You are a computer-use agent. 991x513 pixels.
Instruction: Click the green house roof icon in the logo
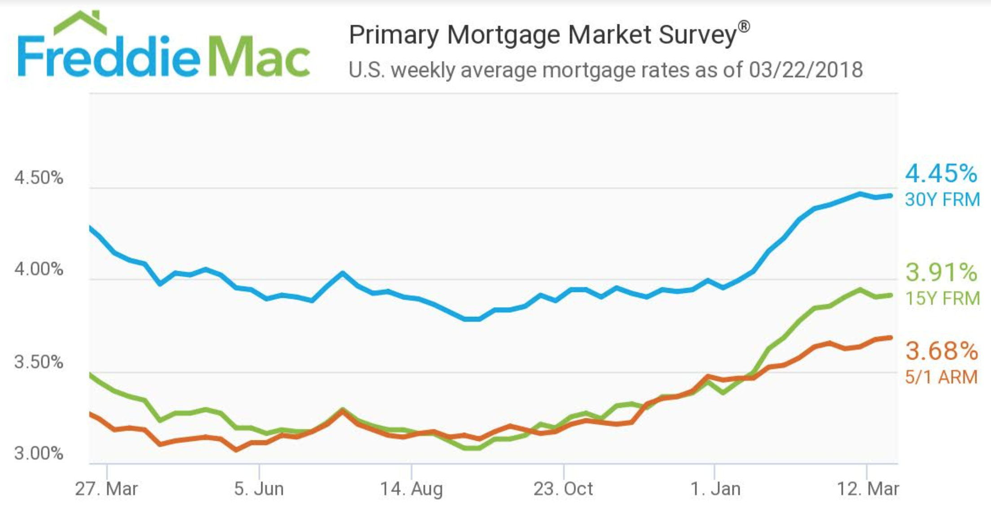80,23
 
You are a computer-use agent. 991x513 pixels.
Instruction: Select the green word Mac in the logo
259,57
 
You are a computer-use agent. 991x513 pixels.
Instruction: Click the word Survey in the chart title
697,35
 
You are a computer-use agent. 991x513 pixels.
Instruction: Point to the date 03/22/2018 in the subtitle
805,70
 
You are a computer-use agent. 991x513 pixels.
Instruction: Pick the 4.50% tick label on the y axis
39,178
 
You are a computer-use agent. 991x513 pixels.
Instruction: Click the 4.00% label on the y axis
39,269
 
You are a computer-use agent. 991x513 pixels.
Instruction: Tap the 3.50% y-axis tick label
39,361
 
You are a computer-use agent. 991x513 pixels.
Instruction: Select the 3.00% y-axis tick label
39,453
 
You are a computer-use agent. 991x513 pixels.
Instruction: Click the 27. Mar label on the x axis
106,489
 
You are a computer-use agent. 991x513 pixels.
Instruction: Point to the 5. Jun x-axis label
259,489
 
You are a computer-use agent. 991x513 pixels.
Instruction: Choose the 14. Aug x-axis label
411,489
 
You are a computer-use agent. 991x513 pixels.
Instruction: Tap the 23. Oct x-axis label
563,489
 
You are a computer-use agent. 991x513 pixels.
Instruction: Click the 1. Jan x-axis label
715,489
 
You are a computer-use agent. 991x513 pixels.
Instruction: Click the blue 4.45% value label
941,174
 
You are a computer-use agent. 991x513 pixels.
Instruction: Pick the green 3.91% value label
941,272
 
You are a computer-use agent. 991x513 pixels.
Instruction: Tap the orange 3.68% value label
941,351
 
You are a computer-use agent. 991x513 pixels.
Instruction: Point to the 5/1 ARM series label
941,377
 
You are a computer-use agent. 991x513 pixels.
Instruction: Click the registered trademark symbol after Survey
744,27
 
